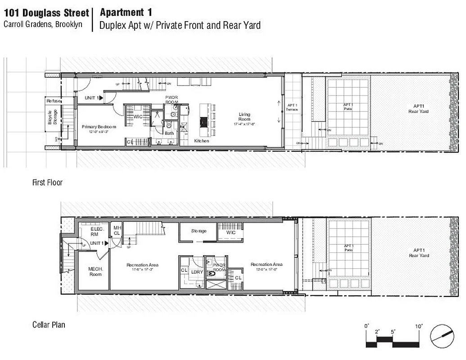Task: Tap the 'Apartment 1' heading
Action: click(x=126, y=12)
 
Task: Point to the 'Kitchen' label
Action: click(x=202, y=141)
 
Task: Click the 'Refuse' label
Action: click(x=53, y=101)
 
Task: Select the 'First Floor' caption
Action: click(x=47, y=183)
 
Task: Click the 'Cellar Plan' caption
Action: click(x=49, y=324)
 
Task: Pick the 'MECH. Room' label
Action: click(x=95, y=271)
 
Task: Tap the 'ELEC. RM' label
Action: click(x=98, y=231)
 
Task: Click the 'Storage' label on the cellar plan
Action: click(x=199, y=231)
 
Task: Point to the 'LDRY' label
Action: click(x=197, y=272)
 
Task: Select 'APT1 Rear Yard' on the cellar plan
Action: click(x=419, y=253)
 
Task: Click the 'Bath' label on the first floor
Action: click(x=169, y=133)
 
